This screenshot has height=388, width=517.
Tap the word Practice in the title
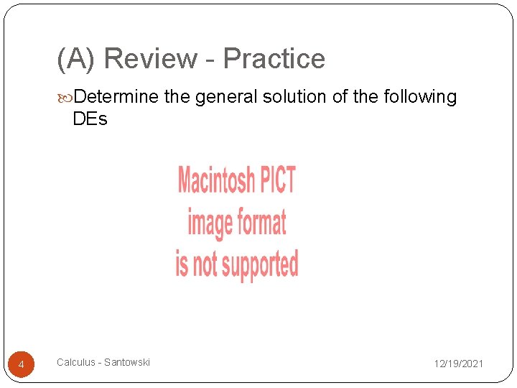(274, 59)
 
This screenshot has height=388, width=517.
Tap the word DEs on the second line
(90, 119)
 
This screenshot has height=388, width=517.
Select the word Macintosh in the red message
(214, 180)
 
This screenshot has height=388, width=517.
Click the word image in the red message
(208, 223)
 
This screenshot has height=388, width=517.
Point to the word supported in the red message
(260, 264)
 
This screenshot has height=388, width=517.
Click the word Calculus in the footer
(75, 362)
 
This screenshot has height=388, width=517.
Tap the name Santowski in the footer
(127, 362)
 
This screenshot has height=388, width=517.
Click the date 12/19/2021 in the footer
(458, 364)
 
